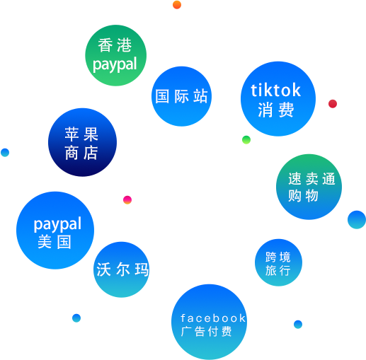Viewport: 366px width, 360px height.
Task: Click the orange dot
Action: click(x=177, y=5)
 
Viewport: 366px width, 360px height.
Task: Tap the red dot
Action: click(x=333, y=104)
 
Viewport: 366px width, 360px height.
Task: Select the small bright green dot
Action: click(x=246, y=140)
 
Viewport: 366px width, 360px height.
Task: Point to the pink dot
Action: click(x=127, y=200)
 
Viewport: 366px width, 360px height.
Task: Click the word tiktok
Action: click(x=275, y=91)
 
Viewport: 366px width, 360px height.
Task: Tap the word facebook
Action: click(x=213, y=318)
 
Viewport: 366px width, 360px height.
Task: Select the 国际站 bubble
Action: click(x=181, y=96)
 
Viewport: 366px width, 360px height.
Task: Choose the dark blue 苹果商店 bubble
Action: click(x=82, y=142)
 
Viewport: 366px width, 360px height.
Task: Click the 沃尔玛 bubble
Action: click(x=122, y=269)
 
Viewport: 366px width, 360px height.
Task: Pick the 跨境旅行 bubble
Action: click(x=278, y=262)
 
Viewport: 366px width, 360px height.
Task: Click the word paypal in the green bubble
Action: click(x=115, y=64)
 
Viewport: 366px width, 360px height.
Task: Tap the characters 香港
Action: click(x=115, y=45)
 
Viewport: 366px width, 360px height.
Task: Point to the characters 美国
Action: click(x=55, y=242)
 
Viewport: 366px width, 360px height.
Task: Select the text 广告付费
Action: click(x=206, y=332)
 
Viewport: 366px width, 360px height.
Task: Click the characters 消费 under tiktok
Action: click(x=275, y=110)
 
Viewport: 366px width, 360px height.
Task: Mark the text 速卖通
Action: click(x=311, y=178)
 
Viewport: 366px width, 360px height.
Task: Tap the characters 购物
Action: click(x=303, y=196)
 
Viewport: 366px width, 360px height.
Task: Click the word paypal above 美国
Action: click(x=57, y=224)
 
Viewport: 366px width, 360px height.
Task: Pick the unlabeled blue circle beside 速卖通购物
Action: click(x=357, y=220)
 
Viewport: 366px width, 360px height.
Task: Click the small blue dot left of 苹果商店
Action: click(x=5, y=153)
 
